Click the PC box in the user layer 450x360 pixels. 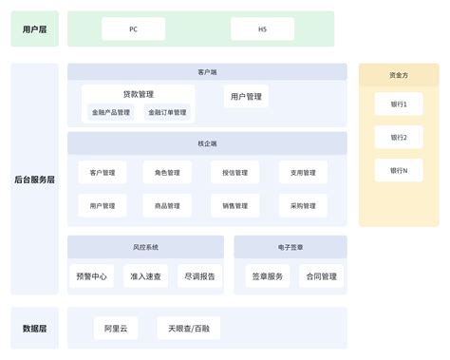[133, 29]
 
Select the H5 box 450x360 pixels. [262, 29]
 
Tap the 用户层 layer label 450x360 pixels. [34, 29]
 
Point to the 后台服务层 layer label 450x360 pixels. [34, 180]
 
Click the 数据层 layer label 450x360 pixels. [34, 329]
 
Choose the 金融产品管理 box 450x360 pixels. [111, 112]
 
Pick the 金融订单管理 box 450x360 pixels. [167, 112]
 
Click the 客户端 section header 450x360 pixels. [207, 72]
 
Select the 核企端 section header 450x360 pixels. [207, 143]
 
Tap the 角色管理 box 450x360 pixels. [167, 173]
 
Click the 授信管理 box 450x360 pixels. [234, 173]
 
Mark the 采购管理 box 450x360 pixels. [303, 205]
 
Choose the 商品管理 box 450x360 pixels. [167, 205]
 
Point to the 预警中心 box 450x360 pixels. [92, 276]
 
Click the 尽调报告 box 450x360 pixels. [197, 276]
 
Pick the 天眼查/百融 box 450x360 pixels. [188, 329]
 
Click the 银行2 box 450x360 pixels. [399, 138]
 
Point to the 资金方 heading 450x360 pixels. [399, 74]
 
